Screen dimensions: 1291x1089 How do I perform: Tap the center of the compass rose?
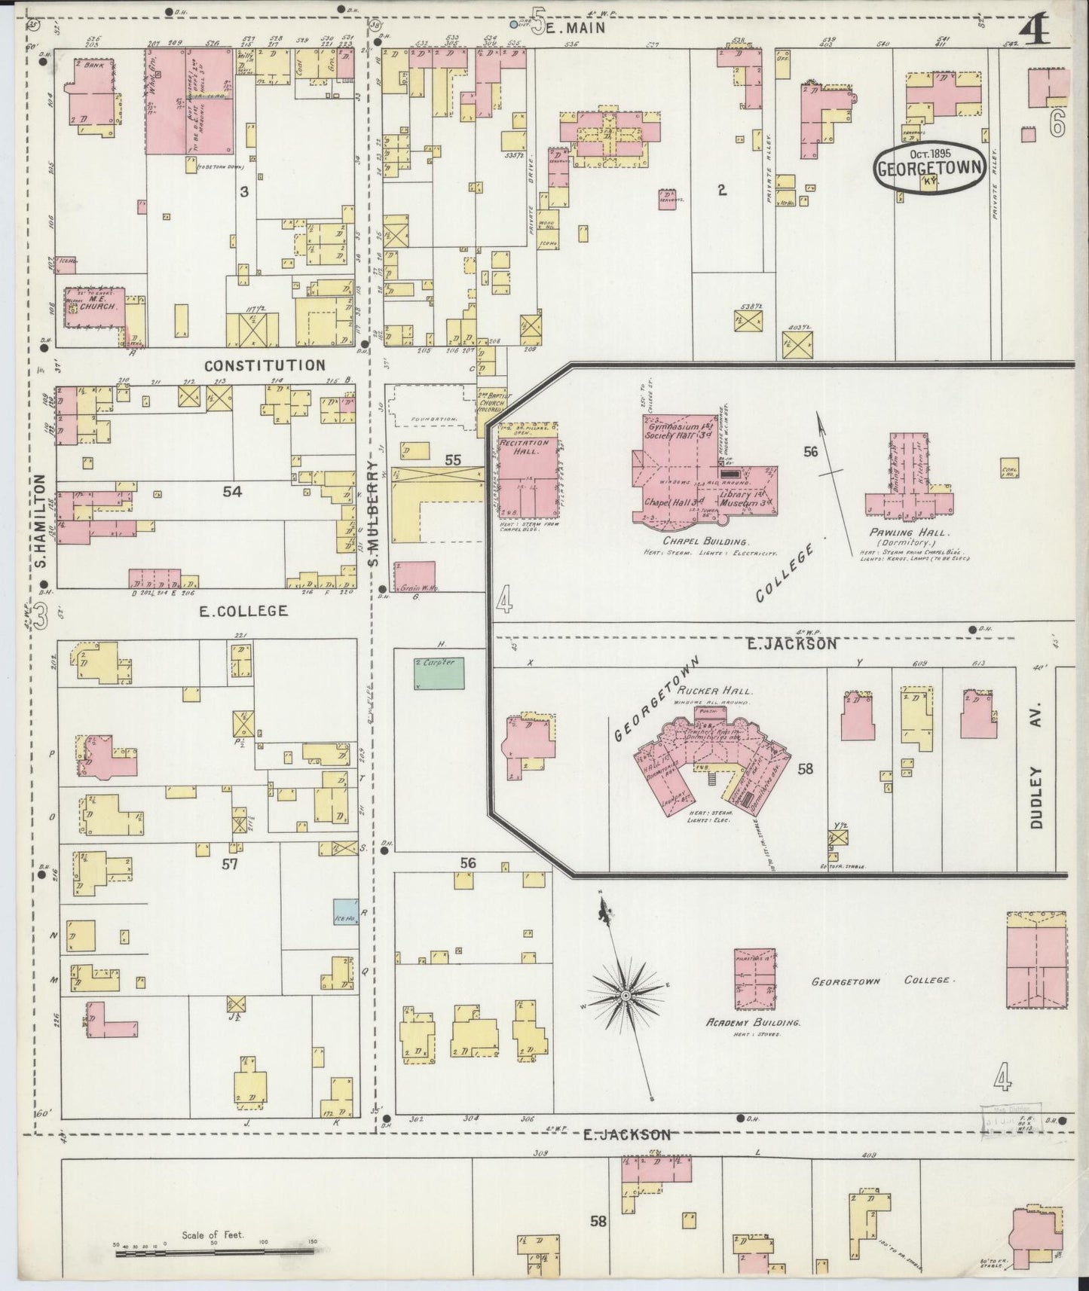(625, 996)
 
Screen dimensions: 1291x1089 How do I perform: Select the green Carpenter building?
(439, 673)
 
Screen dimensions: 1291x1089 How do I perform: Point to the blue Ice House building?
(345, 912)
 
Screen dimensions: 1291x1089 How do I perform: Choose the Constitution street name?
(265, 365)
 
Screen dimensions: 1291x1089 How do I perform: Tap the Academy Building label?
(753, 1023)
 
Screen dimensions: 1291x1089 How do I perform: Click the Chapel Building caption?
(705, 542)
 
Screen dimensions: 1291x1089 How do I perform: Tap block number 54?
(232, 491)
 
